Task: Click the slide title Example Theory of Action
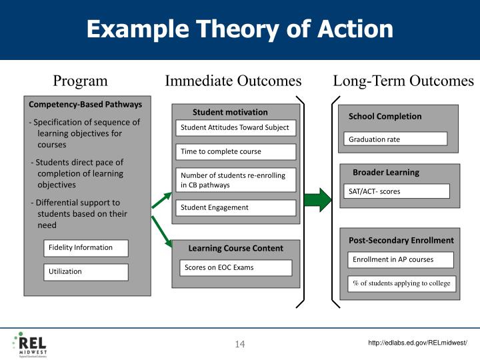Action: pos(239,29)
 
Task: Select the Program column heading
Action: pos(80,81)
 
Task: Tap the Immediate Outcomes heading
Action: pos(233,81)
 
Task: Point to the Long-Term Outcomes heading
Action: pos(403,81)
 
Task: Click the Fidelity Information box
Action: pos(86,248)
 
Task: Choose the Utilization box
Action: pos(86,271)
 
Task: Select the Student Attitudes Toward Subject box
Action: pos(235,128)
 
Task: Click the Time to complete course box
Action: pos(235,152)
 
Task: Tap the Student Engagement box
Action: pos(235,208)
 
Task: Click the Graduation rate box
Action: pos(396,139)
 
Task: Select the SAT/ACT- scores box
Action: pos(397,191)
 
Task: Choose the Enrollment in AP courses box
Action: pos(401,259)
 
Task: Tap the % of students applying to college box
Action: pos(402,283)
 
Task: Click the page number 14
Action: pos(240,344)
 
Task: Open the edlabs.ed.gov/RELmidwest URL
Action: pos(418,343)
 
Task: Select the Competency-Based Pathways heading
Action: pos(85,105)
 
